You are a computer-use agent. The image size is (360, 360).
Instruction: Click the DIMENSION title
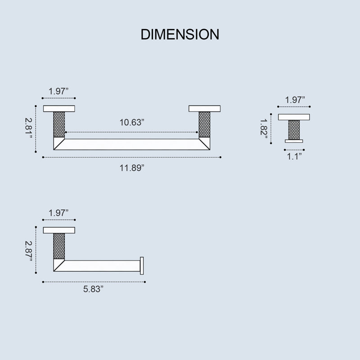pos(180,35)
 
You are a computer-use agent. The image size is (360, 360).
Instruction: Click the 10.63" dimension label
pos(132,122)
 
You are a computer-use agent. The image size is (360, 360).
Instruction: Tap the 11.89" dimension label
pos(132,168)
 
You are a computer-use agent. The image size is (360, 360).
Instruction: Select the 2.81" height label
pos(28,128)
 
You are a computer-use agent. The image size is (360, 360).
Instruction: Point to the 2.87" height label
pos(28,251)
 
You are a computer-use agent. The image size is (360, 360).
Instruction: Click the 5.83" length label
pos(93,289)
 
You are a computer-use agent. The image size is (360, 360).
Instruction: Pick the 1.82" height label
pos(264,129)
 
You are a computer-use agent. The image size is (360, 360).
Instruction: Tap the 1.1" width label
pos(294,157)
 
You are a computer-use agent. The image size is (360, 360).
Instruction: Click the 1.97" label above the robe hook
pos(295,100)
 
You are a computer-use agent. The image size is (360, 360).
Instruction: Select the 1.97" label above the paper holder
pos(58,213)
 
